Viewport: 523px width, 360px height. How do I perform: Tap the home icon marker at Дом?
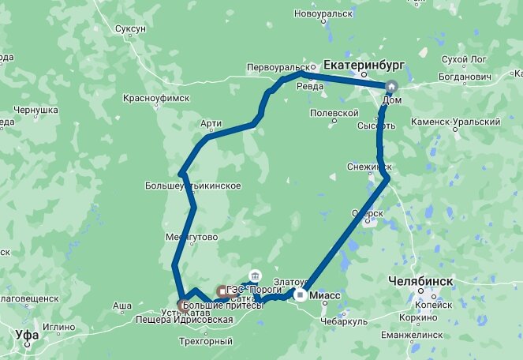390,87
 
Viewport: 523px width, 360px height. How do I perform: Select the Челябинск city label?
420,280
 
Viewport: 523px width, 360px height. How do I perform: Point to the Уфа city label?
27,335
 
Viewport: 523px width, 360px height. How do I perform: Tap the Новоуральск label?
323,13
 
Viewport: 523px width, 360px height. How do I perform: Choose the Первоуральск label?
275,66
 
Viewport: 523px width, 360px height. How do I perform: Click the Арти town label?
211,123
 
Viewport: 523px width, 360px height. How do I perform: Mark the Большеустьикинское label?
192,186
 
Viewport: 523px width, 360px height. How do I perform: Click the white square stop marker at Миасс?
301,295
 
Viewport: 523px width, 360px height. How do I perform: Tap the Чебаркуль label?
345,321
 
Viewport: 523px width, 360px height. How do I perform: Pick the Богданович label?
465,77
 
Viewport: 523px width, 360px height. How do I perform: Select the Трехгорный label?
206,341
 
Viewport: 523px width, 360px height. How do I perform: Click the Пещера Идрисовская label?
196,320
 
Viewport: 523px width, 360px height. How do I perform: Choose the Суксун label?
130,28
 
